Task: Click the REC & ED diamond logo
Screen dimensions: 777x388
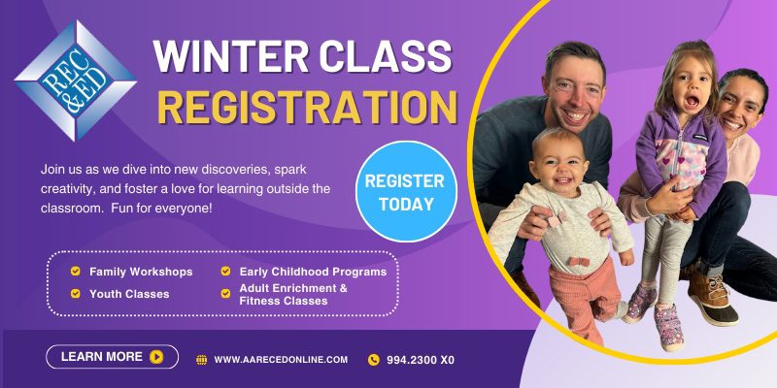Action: click(76, 81)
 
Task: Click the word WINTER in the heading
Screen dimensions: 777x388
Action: click(230, 56)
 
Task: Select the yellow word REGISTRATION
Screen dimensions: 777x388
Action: click(307, 107)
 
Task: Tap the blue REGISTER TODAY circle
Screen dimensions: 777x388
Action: click(406, 191)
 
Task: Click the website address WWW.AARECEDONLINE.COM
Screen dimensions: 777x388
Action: click(281, 360)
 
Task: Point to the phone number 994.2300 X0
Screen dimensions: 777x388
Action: click(421, 360)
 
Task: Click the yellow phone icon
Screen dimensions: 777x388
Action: click(374, 360)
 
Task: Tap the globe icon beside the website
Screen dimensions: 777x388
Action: click(202, 360)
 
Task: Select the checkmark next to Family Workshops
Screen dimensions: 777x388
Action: click(76, 272)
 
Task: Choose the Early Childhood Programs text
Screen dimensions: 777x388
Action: click(313, 272)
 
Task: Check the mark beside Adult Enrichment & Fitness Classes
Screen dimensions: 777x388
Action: click(225, 294)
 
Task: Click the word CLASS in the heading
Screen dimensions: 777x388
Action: click(386, 56)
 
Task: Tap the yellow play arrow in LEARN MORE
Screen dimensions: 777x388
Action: click(156, 357)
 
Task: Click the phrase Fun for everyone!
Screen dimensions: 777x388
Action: click(161, 209)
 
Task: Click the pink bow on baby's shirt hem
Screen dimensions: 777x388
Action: click(579, 261)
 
